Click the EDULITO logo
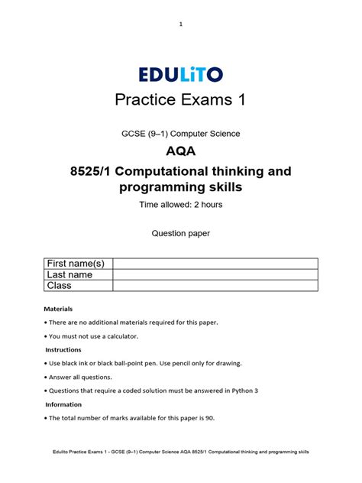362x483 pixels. point(181,74)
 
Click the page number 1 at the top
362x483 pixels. point(181,24)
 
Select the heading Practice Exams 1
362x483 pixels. point(181,101)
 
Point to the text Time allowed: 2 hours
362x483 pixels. point(181,206)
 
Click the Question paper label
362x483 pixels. point(181,235)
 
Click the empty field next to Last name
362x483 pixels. point(215,274)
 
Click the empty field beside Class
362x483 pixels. point(215,285)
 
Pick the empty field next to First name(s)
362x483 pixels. point(215,264)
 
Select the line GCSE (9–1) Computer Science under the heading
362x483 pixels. point(181,134)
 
